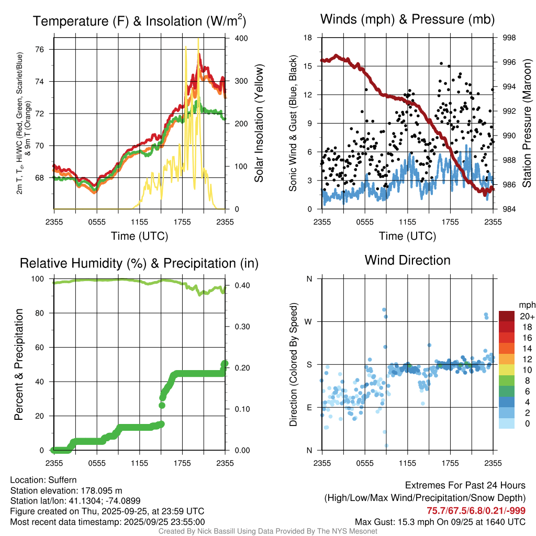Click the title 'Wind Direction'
click(x=407, y=260)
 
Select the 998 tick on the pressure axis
click(x=509, y=38)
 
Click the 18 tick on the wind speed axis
click(x=308, y=38)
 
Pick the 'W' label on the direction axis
click(x=309, y=321)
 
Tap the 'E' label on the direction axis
click(x=309, y=407)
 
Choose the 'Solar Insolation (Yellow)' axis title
click(x=259, y=124)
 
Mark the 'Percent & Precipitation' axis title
click(x=19, y=364)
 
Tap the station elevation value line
click(x=66, y=490)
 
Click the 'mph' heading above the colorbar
click(x=526, y=305)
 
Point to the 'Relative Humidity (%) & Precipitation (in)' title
click(x=139, y=263)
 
